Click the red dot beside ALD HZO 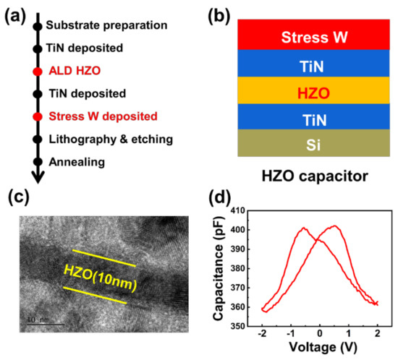click(x=38, y=72)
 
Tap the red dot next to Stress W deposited click(x=38, y=116)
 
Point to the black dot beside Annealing click(x=38, y=162)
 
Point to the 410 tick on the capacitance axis click(x=240, y=210)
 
